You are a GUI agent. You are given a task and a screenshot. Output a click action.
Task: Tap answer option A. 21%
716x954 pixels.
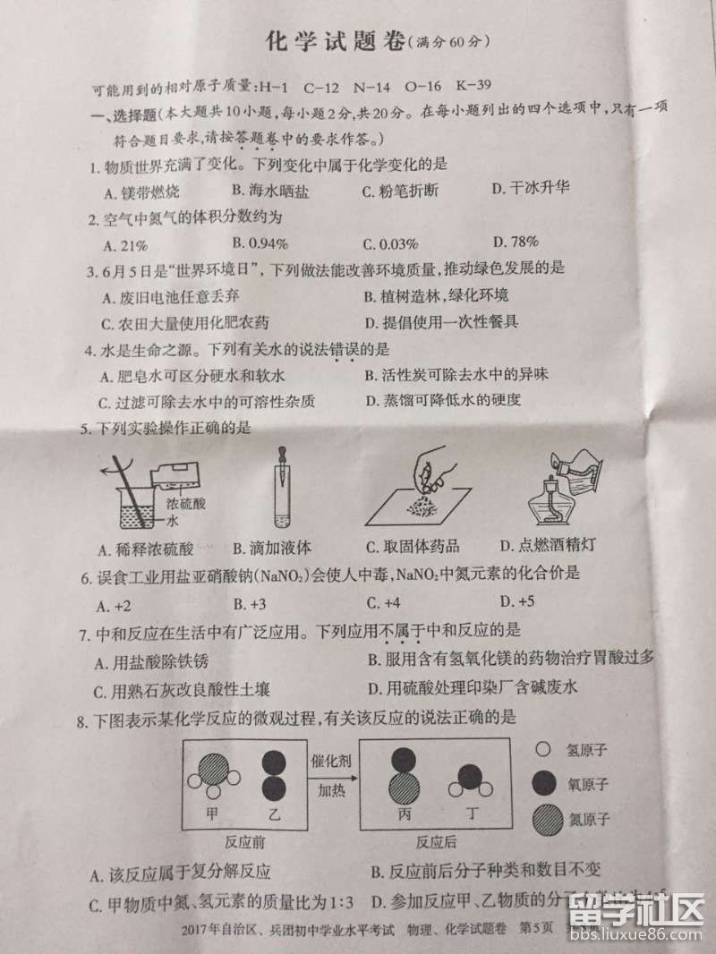(x=125, y=244)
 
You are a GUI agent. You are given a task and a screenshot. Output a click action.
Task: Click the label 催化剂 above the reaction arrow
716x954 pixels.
(x=329, y=761)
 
